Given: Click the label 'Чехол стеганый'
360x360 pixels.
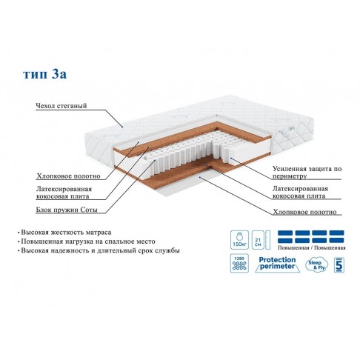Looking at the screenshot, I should (x=61, y=106).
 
